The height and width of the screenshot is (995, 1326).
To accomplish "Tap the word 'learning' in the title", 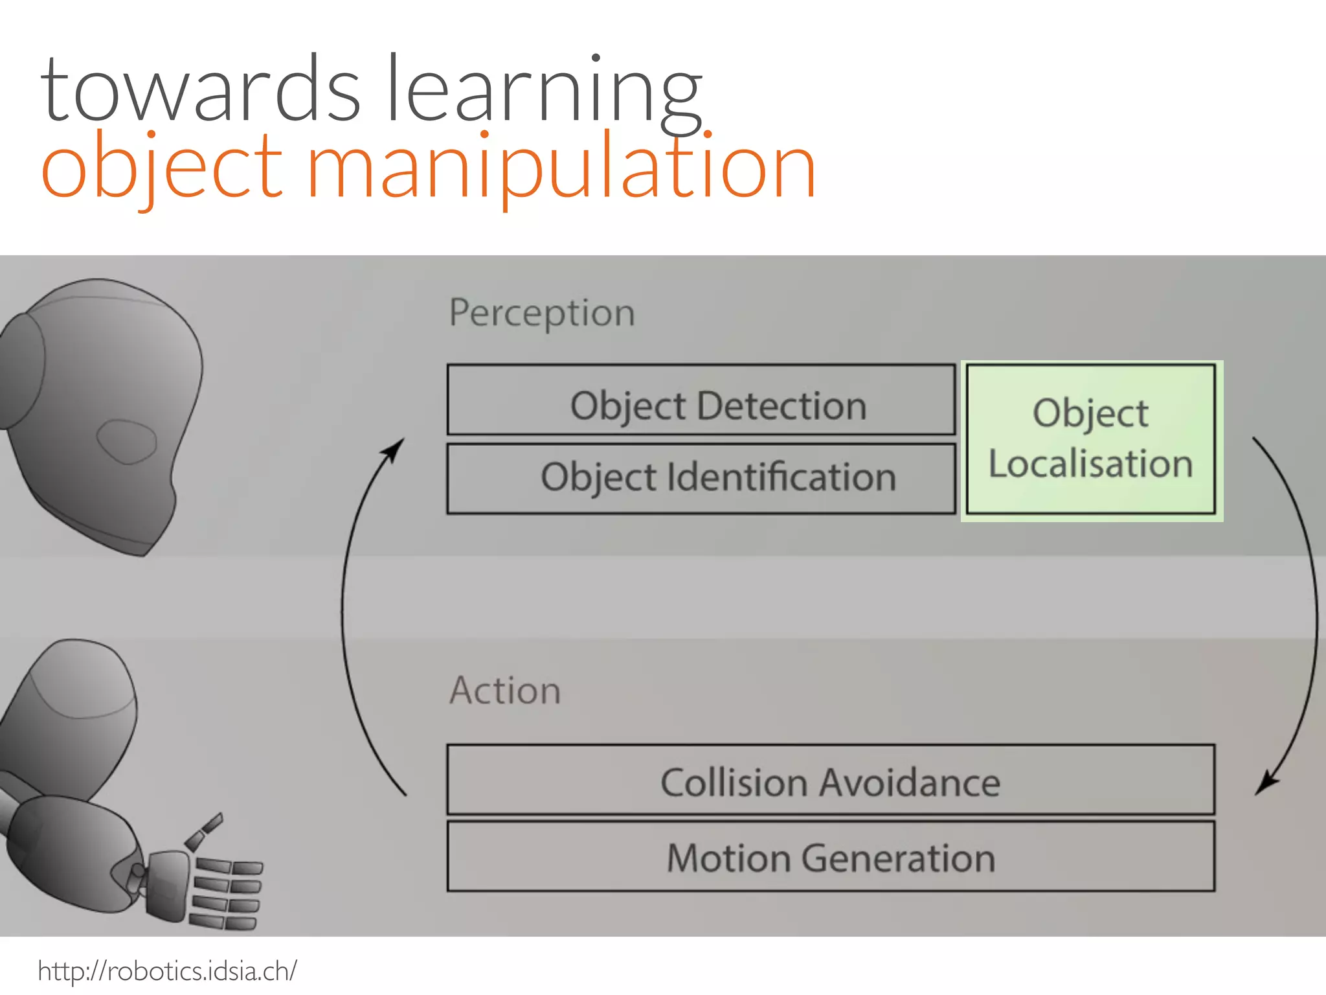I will point(544,91).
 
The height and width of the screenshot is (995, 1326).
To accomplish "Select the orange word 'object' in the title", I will point(162,168).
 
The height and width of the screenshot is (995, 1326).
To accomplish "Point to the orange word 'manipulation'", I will point(560,168).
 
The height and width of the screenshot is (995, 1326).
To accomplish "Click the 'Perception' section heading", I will point(542,314).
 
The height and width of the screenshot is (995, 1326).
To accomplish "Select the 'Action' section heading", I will point(505,691).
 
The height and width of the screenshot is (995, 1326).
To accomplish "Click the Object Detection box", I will point(701,400).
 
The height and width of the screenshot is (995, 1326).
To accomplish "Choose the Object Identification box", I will point(701,479).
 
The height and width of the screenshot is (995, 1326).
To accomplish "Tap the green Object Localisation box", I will point(1091,439).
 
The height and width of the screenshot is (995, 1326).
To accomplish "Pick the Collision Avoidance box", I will point(831,780).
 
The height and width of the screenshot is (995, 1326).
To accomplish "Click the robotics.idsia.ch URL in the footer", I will point(167,971).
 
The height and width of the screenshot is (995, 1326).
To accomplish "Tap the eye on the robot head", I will point(127,441).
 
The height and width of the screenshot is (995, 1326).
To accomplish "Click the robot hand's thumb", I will point(204,832).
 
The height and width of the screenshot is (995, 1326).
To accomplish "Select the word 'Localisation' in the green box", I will point(1091,464).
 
